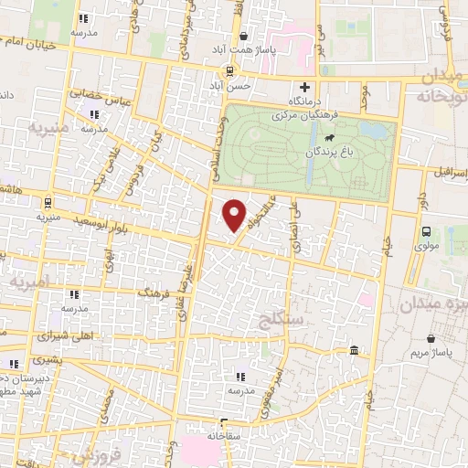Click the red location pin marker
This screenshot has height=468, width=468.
click(236, 215)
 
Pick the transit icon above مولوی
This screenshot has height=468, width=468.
click(426, 232)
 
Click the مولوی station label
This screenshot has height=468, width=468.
click(427, 246)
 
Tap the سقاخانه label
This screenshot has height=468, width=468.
click(222, 436)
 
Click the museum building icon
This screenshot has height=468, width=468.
click(353, 350)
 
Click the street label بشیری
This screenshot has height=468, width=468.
click(40, 361)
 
